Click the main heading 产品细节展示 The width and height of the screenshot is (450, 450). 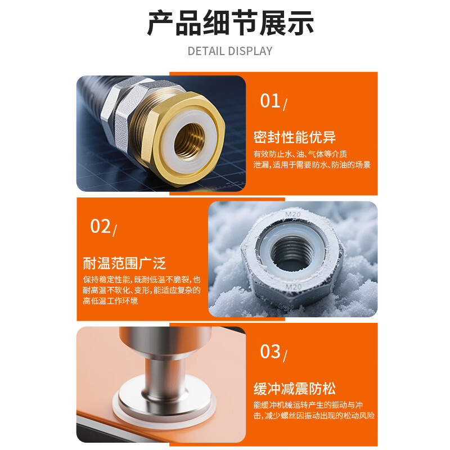[230, 23]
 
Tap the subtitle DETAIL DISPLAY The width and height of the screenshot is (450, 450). [230, 51]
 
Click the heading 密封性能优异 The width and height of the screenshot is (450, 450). [294, 137]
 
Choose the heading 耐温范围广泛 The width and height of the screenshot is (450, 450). [124, 263]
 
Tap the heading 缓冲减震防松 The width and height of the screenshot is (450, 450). [295, 388]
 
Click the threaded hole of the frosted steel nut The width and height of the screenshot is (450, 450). [293, 252]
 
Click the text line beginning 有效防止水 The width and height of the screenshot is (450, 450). [300, 154]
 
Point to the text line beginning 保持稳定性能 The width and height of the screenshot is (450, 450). [141, 280]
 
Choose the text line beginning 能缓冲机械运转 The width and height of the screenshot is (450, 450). [314, 405]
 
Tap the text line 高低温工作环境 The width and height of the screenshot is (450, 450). [110, 301]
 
